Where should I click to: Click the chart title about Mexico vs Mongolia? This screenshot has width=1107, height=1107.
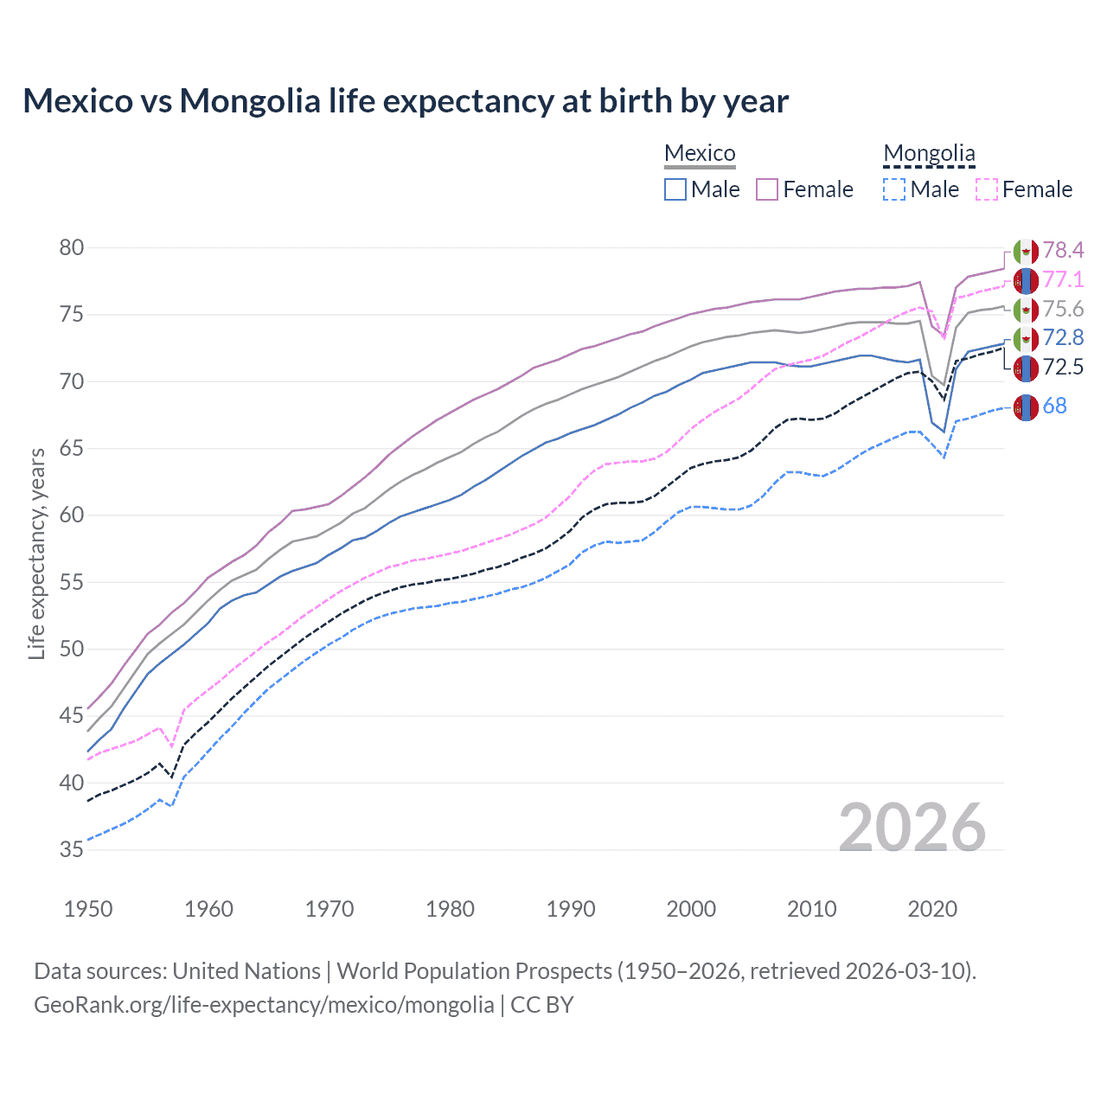coord(406,101)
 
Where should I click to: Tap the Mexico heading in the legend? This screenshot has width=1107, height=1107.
coord(700,153)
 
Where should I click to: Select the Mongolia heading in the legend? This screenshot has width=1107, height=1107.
coord(929,153)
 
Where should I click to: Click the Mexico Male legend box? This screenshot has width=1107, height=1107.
coord(675,189)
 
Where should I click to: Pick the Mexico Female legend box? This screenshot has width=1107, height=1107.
coord(768,189)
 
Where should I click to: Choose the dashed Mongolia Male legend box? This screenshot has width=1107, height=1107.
coord(894,189)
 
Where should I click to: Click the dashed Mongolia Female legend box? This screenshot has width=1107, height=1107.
coord(987,189)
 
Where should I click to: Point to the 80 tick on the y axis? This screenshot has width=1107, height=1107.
coord(72,248)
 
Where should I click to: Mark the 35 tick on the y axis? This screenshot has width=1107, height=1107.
coord(72,850)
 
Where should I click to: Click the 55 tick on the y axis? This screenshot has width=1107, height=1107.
coord(72,583)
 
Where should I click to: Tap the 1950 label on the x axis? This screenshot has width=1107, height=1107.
coord(88,909)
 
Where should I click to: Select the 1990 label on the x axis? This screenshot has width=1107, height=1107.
coord(571,909)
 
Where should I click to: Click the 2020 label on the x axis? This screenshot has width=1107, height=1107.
coord(932,909)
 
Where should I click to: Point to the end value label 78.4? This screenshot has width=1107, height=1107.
coord(1063,251)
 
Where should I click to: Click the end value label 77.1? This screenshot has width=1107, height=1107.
coord(1063,280)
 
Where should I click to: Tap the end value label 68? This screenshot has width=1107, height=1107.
coord(1055,406)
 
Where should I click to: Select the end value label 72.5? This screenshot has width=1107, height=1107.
coord(1063,368)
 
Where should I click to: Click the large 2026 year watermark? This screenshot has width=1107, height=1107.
coord(912,828)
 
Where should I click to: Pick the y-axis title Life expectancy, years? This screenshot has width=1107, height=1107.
coord(36,553)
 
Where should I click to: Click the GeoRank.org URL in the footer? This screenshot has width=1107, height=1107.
coord(264,1005)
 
